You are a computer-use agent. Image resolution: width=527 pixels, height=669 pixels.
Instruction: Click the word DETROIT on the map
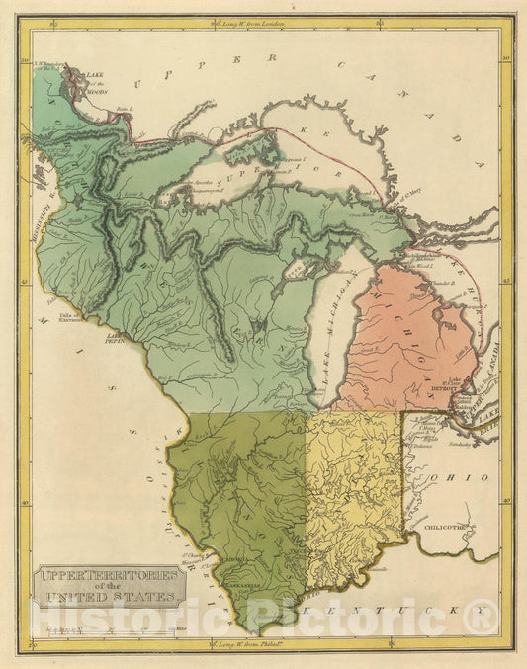[x=441, y=389]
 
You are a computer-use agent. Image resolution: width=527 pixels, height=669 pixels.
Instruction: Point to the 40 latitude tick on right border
[x=506, y=500]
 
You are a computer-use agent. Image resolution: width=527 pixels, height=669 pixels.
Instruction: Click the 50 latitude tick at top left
[x=25, y=61]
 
